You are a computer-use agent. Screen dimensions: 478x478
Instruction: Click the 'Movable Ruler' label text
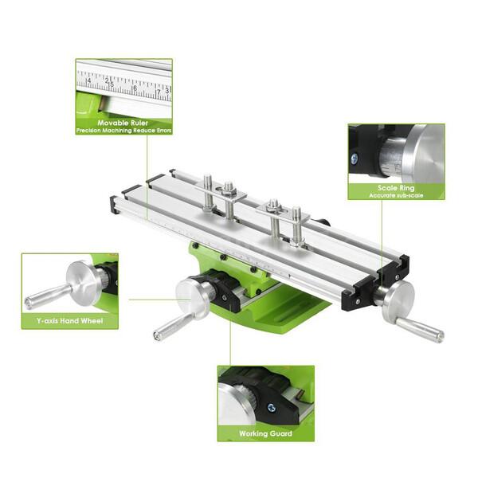pyautogui.click(x=123, y=123)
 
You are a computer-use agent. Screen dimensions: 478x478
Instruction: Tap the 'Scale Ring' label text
pyautogui.click(x=396, y=188)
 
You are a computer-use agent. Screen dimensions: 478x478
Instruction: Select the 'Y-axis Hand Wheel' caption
pyautogui.click(x=69, y=320)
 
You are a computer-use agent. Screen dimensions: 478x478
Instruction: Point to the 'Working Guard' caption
pyautogui.click(x=265, y=434)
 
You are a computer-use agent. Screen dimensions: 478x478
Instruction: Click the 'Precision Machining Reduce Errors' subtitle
pyautogui.click(x=123, y=131)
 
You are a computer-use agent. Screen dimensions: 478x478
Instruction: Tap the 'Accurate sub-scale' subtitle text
pyautogui.click(x=396, y=195)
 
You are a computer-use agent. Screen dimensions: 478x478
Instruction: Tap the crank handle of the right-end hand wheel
pyautogui.click(x=420, y=328)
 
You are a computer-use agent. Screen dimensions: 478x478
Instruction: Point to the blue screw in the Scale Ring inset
pyautogui.click(x=355, y=159)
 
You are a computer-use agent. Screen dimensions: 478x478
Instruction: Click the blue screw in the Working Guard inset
pyautogui.click(x=272, y=407)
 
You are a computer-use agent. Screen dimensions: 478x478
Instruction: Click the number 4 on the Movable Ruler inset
pyautogui.click(x=88, y=80)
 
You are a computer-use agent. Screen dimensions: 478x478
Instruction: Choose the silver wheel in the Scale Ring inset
pyautogui.click(x=422, y=153)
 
